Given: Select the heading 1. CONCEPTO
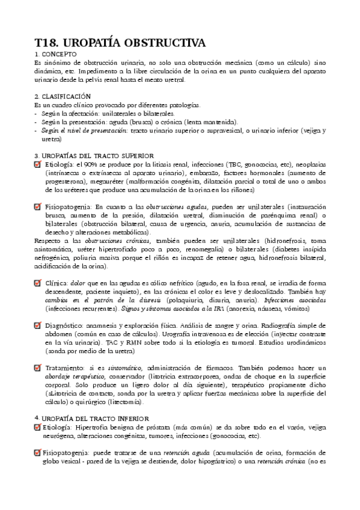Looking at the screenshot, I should tap(55, 54).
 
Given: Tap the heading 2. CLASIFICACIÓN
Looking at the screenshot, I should tap(63, 96).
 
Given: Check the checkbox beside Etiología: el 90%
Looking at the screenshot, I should tap(38, 164).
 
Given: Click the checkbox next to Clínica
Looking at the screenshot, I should tap(38, 282).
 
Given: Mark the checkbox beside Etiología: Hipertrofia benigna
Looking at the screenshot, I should tap(38, 426).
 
